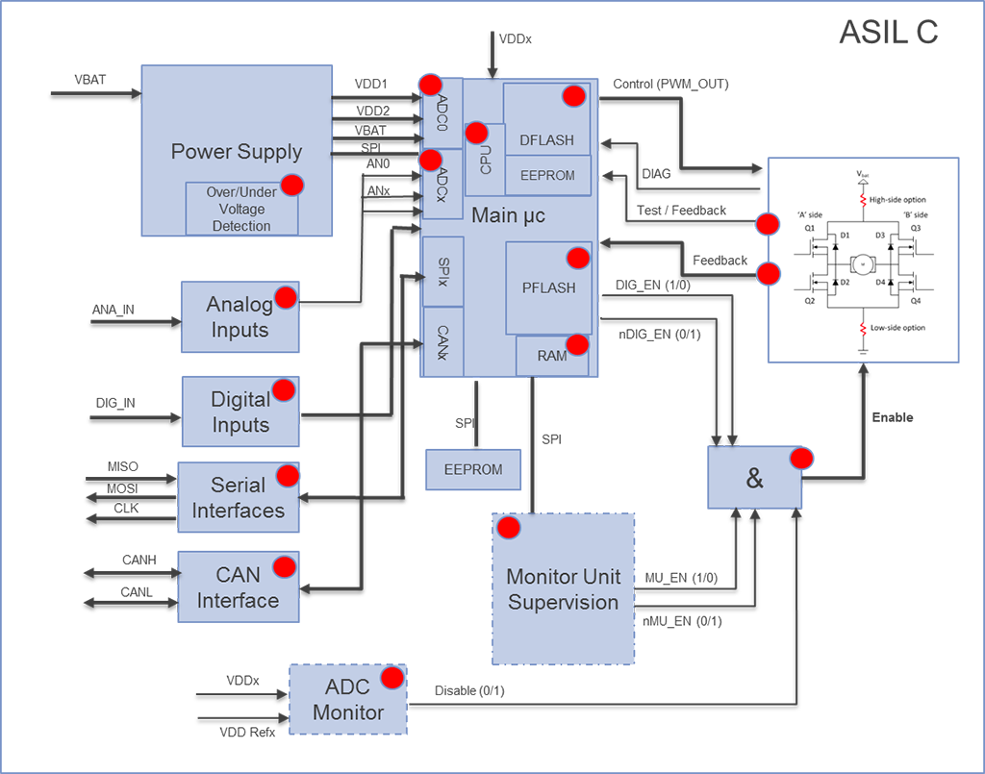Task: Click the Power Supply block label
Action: [x=236, y=151]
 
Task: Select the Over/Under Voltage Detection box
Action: [x=241, y=209]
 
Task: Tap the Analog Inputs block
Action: [x=240, y=317]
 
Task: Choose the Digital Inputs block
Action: [x=240, y=412]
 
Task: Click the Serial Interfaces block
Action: [x=238, y=497]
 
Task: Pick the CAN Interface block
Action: [x=238, y=587]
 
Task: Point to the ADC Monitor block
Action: [x=347, y=701]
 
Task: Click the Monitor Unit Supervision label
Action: [x=563, y=589]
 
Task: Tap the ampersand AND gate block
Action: [x=754, y=478]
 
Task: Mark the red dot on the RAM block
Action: [x=577, y=344]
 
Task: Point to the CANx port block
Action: [x=442, y=342]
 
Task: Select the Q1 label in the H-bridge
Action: [x=810, y=229]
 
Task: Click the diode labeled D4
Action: [x=891, y=282]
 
